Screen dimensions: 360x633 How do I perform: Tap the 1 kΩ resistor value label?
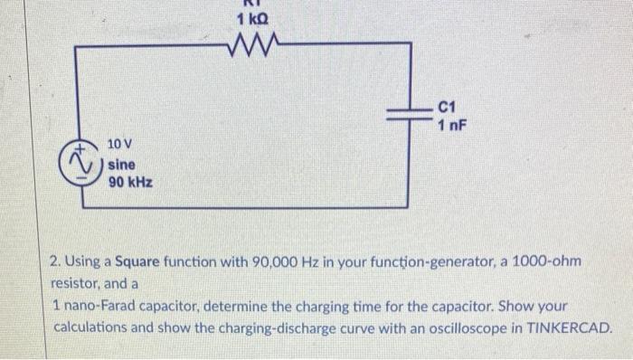[251, 18]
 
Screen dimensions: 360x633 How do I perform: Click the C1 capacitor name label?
[449, 107]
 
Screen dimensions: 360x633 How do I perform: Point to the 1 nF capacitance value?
[452, 125]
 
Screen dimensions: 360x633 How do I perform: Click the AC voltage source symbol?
[81, 163]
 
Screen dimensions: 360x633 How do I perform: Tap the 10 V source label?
[120, 145]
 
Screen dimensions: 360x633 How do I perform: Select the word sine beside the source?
[122, 164]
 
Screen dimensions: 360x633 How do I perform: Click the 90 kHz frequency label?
[129, 182]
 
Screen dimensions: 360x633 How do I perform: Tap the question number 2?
[55, 262]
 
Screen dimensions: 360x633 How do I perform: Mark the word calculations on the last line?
[92, 327]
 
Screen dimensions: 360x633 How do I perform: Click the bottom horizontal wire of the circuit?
[244, 208]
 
